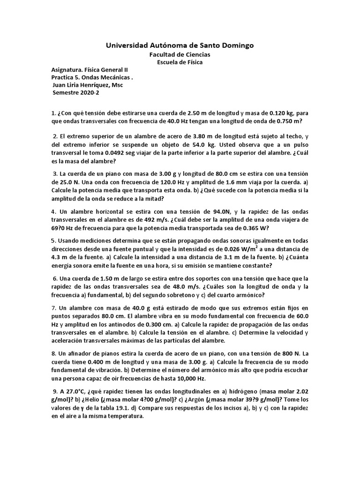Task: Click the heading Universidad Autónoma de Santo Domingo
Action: (180, 45)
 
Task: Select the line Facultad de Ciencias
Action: (180, 55)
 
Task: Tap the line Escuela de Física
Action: (180, 62)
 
